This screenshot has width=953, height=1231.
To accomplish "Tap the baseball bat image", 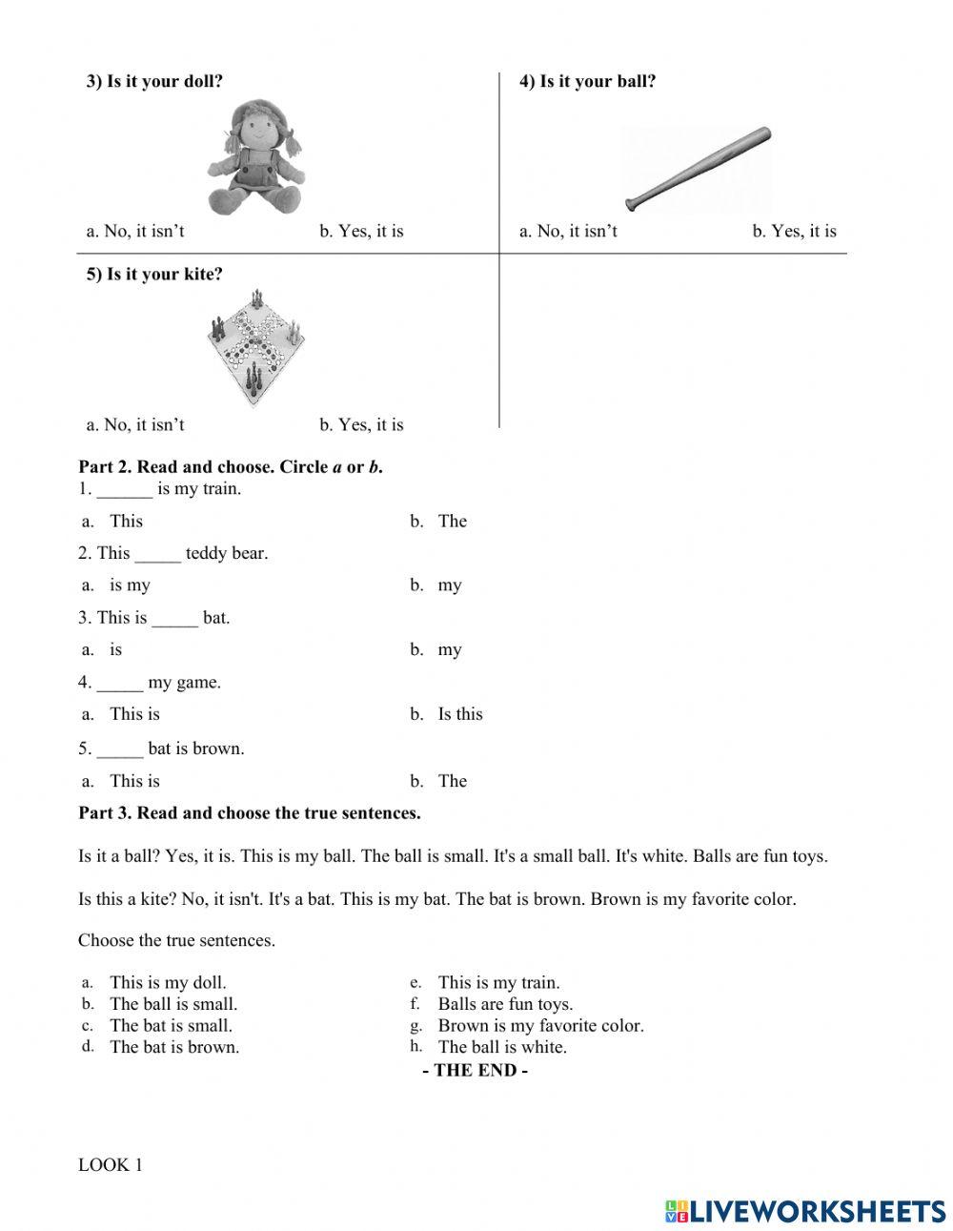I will coord(698,169).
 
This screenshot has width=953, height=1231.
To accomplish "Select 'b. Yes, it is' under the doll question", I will coord(361,231).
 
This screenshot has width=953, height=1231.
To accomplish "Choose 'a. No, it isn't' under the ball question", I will coord(568,231).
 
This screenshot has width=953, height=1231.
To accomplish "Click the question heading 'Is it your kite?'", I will coord(154,275).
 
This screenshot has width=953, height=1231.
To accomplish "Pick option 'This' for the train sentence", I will coord(126,521).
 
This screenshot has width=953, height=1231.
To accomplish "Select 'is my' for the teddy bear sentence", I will coord(130,585).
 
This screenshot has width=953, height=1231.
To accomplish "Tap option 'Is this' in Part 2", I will coord(459,714).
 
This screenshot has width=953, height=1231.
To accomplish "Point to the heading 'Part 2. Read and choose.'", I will coord(231,467).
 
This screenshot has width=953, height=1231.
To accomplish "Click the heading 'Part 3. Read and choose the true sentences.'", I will coord(250,813).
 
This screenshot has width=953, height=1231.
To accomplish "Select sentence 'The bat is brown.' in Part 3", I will coord(173,1047).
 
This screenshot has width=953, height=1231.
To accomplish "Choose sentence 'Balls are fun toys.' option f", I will coord(505,1004).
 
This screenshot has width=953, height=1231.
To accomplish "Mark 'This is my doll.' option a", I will coord(168,982).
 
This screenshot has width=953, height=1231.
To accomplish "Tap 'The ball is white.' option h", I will coord(501,1047).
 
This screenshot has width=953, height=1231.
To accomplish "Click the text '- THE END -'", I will coord(475,1070).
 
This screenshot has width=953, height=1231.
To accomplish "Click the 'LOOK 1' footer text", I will coord(110,1164).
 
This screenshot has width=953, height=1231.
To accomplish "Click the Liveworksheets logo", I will coord(805,1210).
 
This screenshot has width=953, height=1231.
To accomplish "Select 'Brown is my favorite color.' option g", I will coord(540,1026).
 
